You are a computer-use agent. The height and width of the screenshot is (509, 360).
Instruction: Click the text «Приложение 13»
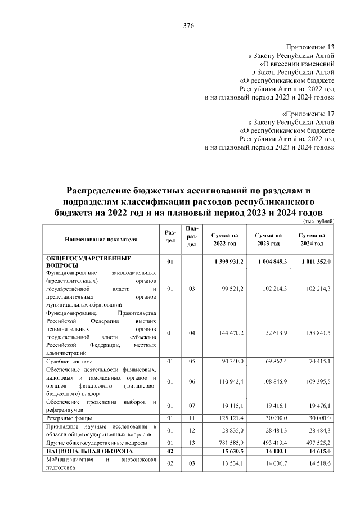310,48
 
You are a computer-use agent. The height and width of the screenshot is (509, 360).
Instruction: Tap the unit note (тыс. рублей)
318,221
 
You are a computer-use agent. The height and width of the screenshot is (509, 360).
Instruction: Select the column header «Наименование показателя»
101,239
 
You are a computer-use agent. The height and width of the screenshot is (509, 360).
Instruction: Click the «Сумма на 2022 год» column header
224,239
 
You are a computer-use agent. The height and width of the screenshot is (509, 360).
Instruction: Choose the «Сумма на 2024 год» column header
312,239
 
